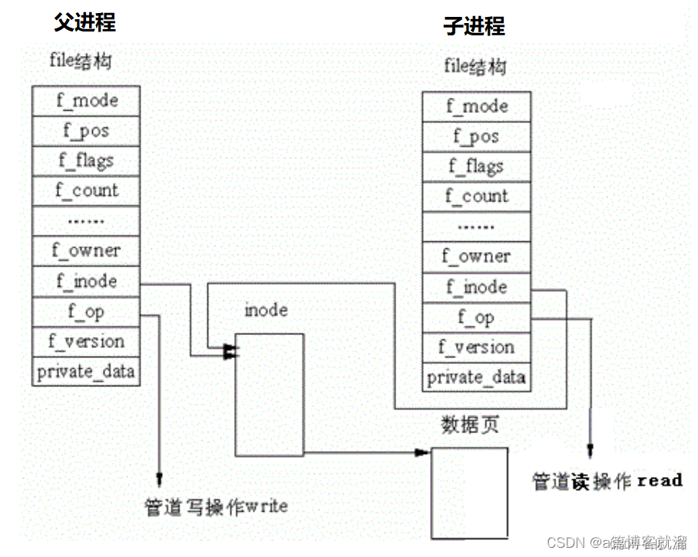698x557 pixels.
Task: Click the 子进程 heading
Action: click(x=474, y=26)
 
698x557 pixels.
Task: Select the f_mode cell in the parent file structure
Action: click(x=86, y=101)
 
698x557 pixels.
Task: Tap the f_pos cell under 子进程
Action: click(x=476, y=137)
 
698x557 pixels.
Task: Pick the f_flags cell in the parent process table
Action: click(x=86, y=161)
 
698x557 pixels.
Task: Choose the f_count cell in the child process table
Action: click(x=476, y=197)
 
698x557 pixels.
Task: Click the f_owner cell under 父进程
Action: click(x=86, y=250)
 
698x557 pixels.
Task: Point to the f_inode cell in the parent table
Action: click(x=86, y=281)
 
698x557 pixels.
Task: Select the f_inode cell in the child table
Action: click(x=476, y=287)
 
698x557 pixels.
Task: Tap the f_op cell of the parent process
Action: click(x=86, y=311)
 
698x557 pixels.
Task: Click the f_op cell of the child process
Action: click(x=476, y=317)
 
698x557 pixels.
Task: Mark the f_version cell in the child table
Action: click(x=476, y=347)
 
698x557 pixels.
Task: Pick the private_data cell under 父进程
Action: click(x=86, y=372)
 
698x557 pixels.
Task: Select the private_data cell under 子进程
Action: click(x=476, y=377)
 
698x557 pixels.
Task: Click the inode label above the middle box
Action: click(x=266, y=311)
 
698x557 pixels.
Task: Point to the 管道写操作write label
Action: click(x=217, y=507)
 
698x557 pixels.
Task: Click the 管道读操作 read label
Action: click(x=607, y=481)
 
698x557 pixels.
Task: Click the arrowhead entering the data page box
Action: click(x=424, y=453)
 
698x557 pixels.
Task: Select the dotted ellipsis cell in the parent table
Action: click(x=86, y=221)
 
